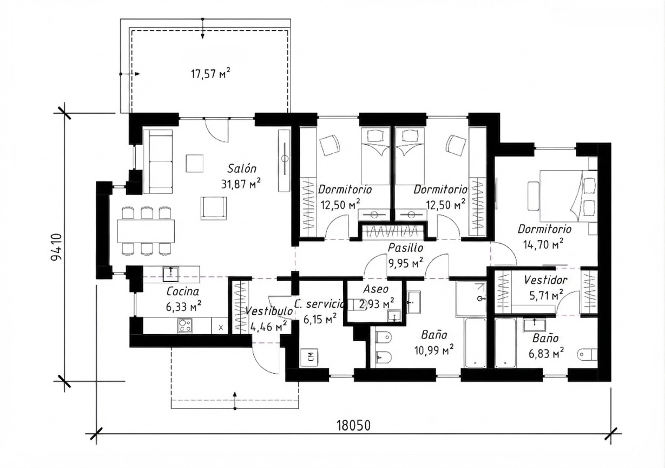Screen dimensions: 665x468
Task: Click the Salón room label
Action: tap(242, 168)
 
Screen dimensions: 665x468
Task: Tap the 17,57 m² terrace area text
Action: tap(210, 73)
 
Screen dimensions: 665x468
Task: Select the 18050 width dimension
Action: tap(353, 426)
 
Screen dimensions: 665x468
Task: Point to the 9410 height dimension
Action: tap(56, 247)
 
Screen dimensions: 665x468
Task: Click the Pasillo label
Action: tap(405, 248)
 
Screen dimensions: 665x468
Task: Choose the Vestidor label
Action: tap(545, 280)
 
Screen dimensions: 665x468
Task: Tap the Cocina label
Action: tap(182, 291)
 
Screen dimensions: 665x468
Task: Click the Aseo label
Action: tap(376, 289)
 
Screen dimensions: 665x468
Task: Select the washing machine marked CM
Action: tap(310, 357)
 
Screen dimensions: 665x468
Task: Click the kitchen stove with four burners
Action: tap(185, 325)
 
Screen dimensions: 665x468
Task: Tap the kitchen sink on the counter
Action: tap(170, 274)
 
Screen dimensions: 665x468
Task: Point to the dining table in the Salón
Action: tap(146, 231)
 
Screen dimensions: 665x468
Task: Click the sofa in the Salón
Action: tap(157, 161)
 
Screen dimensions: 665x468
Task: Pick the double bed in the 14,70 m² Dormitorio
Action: tap(564, 196)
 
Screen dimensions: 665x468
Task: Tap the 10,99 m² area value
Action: tap(434, 350)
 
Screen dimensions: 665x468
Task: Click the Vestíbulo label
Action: tap(269, 311)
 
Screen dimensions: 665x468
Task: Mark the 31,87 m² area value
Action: tap(241, 184)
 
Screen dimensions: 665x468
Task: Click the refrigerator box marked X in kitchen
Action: tap(220, 326)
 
